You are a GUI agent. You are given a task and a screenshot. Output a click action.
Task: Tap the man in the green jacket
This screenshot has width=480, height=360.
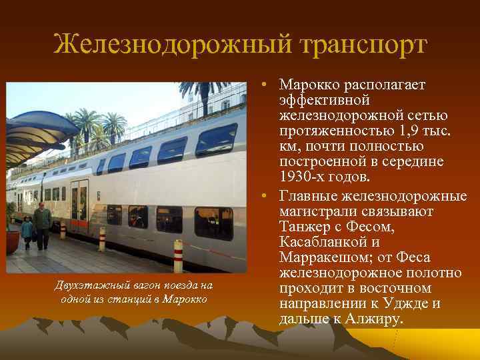(43, 223)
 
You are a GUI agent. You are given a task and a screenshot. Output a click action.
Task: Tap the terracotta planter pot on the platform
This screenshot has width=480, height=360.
(11, 241)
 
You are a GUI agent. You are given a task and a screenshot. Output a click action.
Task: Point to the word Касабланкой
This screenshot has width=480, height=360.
(320, 242)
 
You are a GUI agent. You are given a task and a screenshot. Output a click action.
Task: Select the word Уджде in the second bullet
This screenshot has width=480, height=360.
(407, 303)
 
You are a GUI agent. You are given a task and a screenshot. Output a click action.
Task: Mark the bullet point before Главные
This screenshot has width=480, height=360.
(265, 196)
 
